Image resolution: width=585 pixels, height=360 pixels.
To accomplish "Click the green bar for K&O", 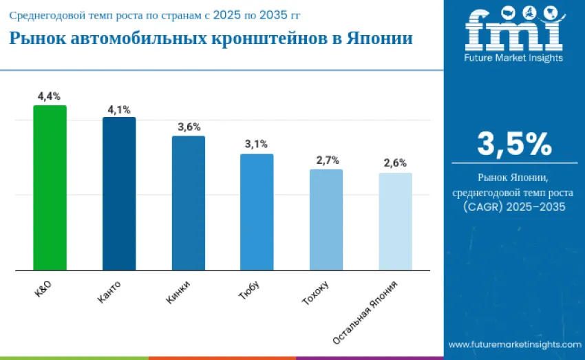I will (50, 187).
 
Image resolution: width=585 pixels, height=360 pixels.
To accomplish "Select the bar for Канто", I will (119, 193).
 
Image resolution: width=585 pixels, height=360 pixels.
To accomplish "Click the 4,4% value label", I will (49, 96).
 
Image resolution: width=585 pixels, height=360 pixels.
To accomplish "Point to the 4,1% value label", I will (119, 109).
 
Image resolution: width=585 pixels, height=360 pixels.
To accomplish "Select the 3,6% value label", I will (189, 127).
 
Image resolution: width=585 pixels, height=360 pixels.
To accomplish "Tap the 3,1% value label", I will (256, 144).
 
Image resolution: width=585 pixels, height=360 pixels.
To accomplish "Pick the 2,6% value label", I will (395, 163).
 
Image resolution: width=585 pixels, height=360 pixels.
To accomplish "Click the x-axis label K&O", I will (43, 290).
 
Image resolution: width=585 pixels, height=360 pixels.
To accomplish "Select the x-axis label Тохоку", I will (315, 293).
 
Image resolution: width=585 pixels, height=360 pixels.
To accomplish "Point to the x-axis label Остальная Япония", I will (364, 313).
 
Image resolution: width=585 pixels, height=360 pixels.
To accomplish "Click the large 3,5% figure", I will (514, 143).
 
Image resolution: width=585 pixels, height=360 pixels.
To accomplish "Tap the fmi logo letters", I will (513, 31).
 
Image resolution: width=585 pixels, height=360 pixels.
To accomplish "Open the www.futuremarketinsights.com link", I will (512, 344).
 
